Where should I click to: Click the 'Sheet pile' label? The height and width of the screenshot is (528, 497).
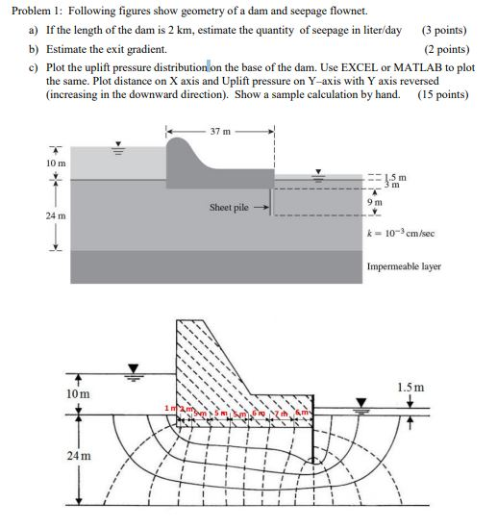click(229, 207)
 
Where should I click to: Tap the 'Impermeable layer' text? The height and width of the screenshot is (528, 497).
click(404, 266)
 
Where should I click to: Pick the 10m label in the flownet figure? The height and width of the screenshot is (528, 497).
click(79, 394)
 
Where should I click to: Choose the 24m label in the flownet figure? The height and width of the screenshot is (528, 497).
click(80, 456)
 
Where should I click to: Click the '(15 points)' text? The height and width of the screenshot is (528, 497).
click(443, 94)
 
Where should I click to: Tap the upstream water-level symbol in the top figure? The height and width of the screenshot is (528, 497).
click(120, 149)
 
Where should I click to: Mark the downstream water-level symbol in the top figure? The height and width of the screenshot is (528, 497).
click(323, 176)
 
